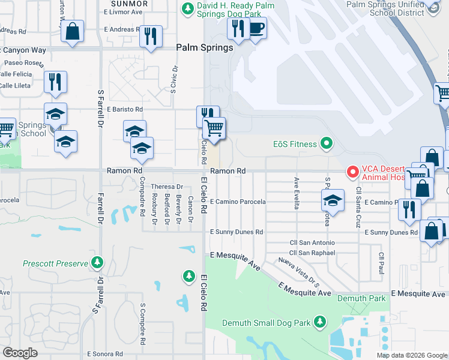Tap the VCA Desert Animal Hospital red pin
pos(352,172)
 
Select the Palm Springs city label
pos(204,48)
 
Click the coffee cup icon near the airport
pos(257,28)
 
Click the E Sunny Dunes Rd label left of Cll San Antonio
pos(237,232)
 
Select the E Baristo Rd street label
pos(125,109)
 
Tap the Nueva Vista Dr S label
pos(298,271)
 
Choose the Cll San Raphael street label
pos(312,253)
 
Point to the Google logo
pos(20,352)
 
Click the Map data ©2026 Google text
pos(412,355)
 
